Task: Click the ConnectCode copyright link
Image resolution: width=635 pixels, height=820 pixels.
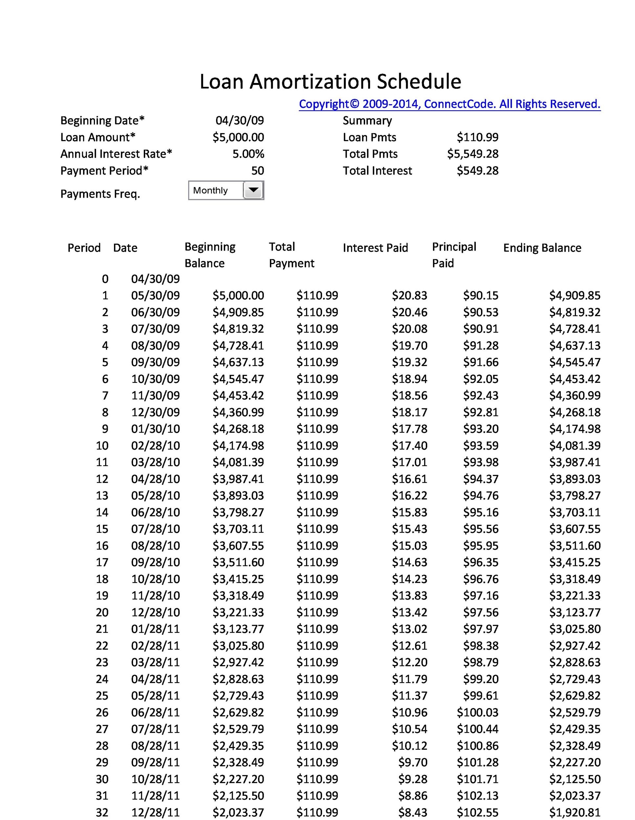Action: point(449,104)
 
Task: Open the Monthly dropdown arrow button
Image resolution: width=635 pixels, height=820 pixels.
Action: point(253,190)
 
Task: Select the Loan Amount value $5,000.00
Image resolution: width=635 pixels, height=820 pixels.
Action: point(238,137)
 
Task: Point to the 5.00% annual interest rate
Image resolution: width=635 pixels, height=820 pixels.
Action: point(248,154)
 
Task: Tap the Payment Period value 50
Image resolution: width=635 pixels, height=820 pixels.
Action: point(257,171)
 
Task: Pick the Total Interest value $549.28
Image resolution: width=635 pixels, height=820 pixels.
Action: point(477,171)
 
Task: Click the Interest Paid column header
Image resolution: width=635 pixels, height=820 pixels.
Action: point(375,248)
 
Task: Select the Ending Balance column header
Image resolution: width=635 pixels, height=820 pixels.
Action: point(542,248)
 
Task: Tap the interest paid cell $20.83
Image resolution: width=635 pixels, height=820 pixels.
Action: point(409,296)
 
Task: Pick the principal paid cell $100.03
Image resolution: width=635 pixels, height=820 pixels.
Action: point(477,712)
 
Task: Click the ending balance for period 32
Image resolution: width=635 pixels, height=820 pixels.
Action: point(575,812)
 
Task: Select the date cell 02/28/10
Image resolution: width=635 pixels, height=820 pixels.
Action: point(155,446)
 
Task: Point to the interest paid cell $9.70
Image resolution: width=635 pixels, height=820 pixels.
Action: point(413,762)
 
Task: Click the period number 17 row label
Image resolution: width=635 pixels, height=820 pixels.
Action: point(102,562)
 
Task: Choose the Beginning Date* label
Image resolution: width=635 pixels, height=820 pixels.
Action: point(102,120)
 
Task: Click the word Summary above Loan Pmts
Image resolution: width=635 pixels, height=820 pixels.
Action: point(367,120)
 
